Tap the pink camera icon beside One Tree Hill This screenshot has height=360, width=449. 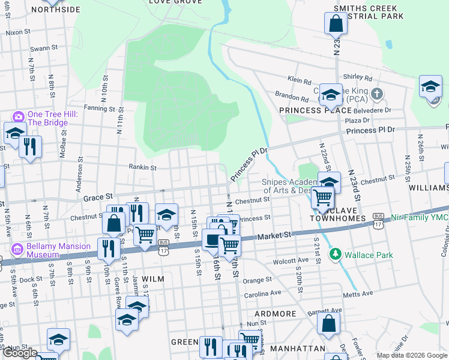pyautogui.click(x=18, y=116)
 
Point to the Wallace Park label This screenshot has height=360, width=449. pyautogui.click(x=369, y=255)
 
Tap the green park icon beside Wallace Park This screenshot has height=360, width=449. pyautogui.click(x=336, y=255)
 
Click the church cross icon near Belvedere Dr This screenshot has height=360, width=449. pyautogui.click(x=376, y=94)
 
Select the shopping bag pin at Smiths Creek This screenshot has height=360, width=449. pyautogui.click(x=336, y=25)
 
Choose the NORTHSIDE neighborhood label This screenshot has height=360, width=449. pyautogui.click(x=55, y=10)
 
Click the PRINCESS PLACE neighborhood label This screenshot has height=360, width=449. pyautogui.click(x=315, y=110)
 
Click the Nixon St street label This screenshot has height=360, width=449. pyautogui.click(x=18, y=32)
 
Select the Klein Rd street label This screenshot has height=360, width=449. pyautogui.click(x=300, y=80)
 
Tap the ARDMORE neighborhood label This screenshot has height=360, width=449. pyautogui.click(x=275, y=314)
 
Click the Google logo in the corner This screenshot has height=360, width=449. pyautogui.click(x=20, y=353)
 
